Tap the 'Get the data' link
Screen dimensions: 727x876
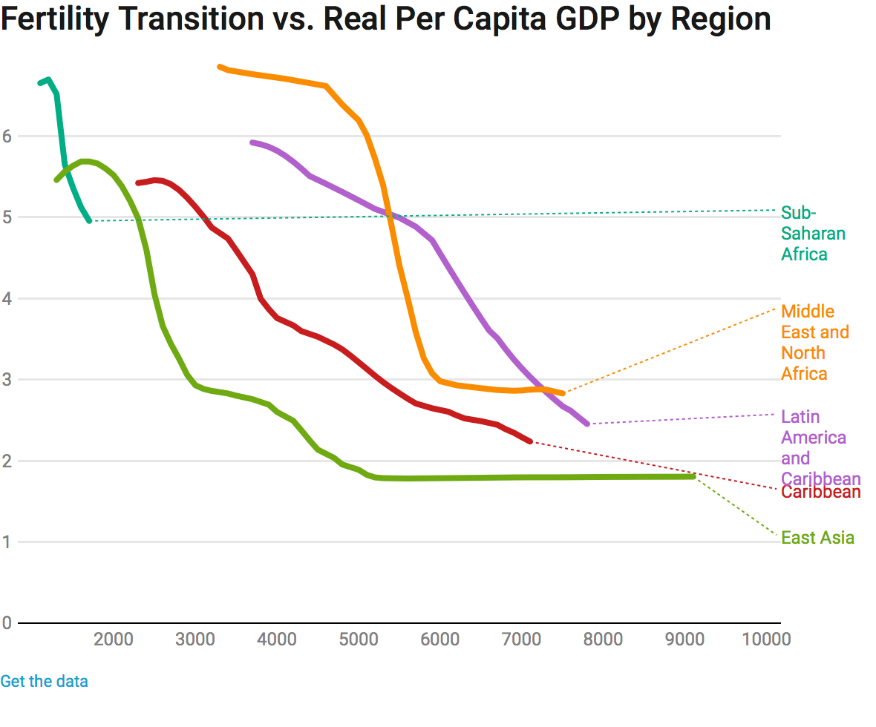click(44, 681)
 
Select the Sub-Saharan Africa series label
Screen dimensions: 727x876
click(813, 234)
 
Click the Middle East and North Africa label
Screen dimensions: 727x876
click(814, 342)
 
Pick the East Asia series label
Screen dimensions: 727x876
click(817, 538)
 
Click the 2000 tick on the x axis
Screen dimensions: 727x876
click(114, 639)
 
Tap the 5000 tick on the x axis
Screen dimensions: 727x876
click(358, 639)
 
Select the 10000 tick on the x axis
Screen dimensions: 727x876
click(766, 639)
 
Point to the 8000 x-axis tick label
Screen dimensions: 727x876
click(602, 639)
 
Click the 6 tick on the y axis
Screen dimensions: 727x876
click(7, 136)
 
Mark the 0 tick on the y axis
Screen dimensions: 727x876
click(7, 623)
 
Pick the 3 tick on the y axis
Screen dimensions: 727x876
click(7, 380)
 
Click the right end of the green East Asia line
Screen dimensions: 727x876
click(693, 476)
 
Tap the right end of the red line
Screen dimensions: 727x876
click(530, 441)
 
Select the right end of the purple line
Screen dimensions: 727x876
click(587, 424)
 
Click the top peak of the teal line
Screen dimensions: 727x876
click(48, 79)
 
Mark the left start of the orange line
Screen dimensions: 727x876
click(219, 67)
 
